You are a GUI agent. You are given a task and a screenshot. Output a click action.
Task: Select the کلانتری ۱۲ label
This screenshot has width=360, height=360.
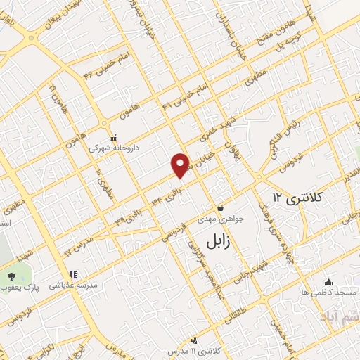click(x=297, y=198)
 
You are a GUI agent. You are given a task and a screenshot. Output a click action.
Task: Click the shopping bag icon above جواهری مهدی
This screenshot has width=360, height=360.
click(x=221, y=208)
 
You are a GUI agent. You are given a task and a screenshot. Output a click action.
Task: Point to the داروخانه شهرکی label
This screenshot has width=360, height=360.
click(x=108, y=149)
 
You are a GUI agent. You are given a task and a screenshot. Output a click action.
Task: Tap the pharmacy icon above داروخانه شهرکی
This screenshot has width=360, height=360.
click(x=109, y=138)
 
